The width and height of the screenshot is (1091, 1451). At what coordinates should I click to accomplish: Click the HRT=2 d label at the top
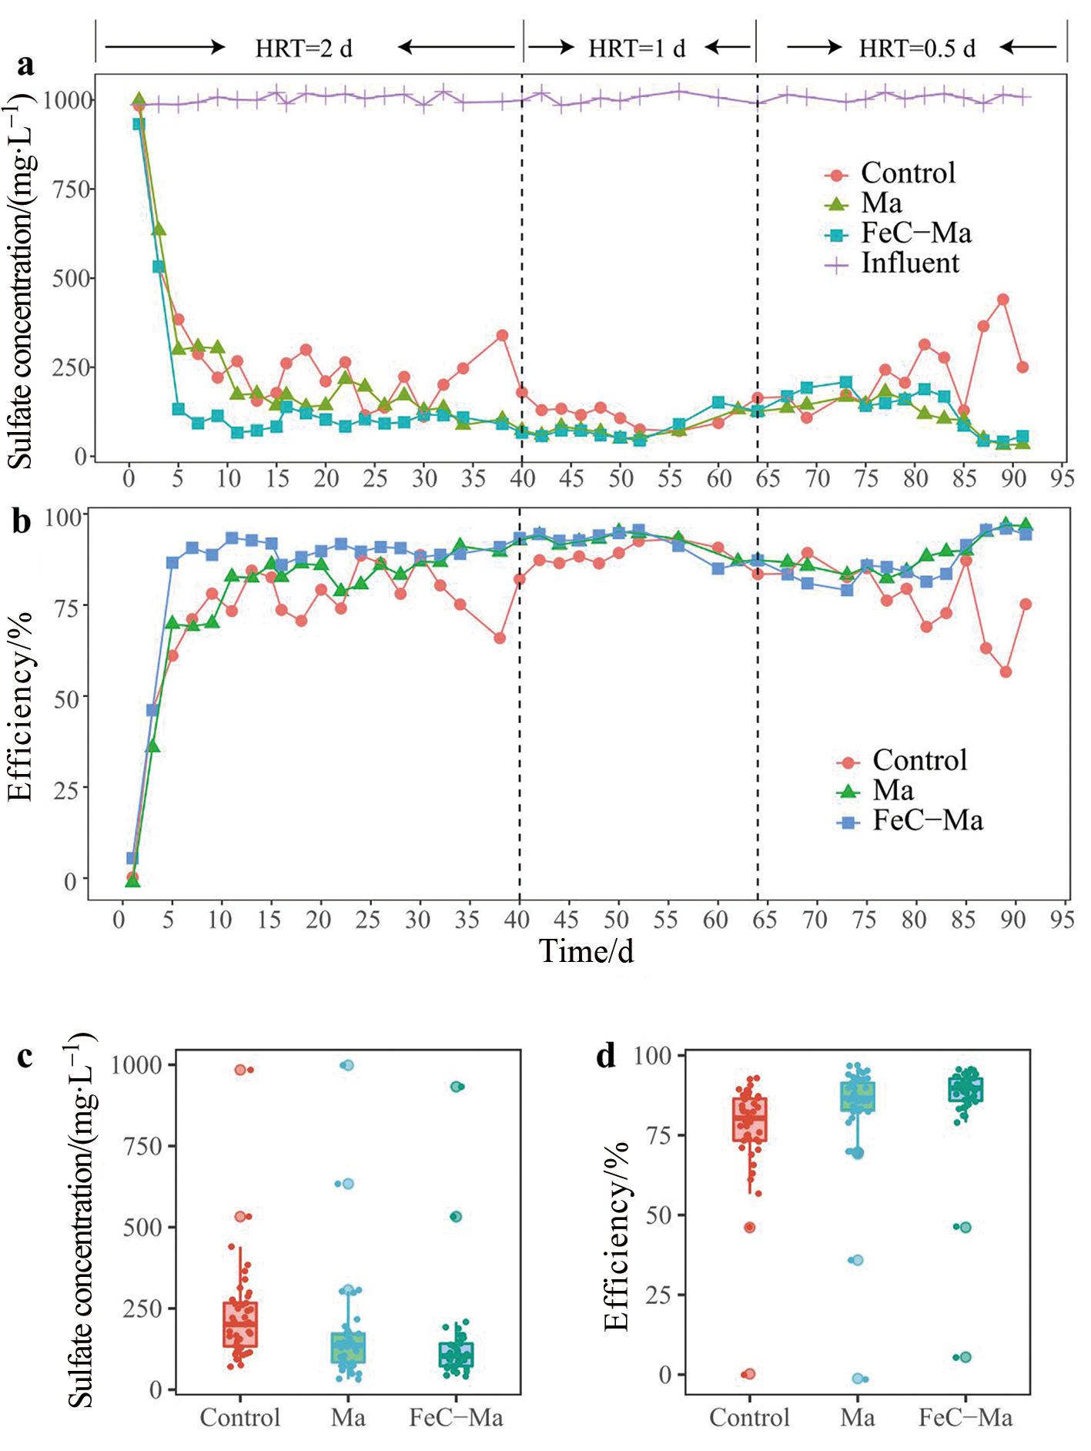point(303,49)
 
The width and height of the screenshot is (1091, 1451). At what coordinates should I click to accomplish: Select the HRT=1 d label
point(637,49)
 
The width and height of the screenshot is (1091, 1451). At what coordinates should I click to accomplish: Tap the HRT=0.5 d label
point(917,49)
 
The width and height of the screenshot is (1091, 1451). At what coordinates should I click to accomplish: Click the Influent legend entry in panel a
point(909,263)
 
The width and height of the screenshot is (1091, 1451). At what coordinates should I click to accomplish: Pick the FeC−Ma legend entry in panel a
point(915,233)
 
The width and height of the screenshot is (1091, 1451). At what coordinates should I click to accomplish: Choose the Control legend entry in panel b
point(919,761)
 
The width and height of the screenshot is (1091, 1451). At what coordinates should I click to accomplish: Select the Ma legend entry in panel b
point(893,791)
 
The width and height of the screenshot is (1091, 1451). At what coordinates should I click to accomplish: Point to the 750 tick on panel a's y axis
point(72,189)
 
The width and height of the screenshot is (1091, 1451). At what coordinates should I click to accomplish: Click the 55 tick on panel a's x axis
point(669,479)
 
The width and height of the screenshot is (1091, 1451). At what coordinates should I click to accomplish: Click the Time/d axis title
point(586,952)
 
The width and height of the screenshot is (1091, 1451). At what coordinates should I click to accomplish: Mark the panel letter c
point(25,1056)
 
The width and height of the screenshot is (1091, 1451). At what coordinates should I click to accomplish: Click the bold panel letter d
point(606,1056)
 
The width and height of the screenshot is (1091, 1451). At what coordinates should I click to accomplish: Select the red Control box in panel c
point(240,1324)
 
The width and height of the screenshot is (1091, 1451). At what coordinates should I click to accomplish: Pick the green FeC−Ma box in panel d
point(966,1090)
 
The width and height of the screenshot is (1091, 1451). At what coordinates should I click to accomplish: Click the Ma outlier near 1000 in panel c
point(347,1065)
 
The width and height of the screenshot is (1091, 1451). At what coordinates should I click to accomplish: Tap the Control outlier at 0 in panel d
point(749,1373)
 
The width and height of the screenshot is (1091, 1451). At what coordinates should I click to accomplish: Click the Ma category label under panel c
point(348,1418)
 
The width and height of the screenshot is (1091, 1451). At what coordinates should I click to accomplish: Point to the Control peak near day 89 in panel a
point(1002,300)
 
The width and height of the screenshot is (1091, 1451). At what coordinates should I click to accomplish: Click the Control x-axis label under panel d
point(749,1418)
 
